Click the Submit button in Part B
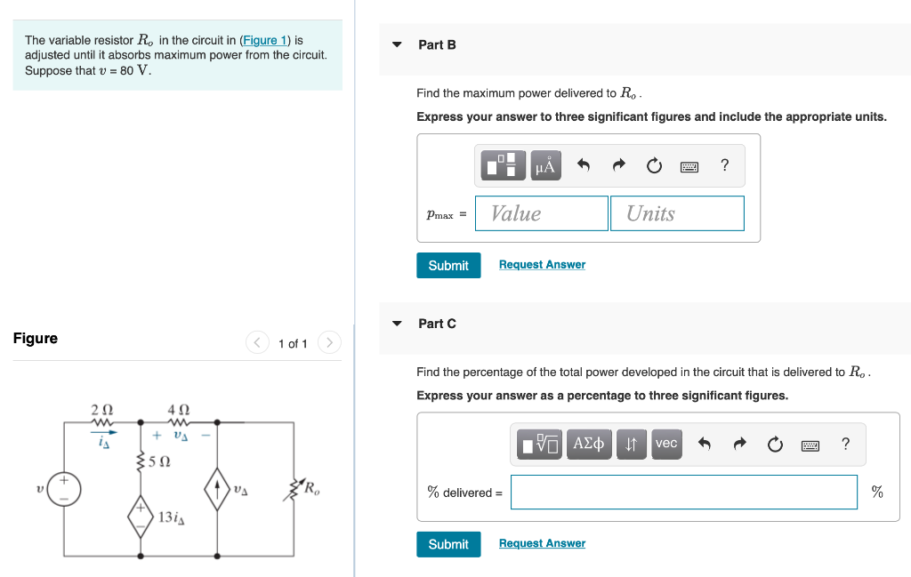click(x=448, y=265)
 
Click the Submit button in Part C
click(x=448, y=544)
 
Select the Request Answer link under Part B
click(x=542, y=265)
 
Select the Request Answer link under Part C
click(x=542, y=543)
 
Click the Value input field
click(x=541, y=213)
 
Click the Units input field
click(x=676, y=213)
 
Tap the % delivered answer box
click(x=683, y=493)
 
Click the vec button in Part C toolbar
click(x=666, y=444)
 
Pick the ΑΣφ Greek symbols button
click(x=588, y=444)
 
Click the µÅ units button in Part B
click(x=545, y=165)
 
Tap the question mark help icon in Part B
click(x=724, y=165)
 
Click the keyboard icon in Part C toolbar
click(x=809, y=445)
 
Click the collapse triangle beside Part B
click(x=397, y=44)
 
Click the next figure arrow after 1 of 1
click(x=329, y=342)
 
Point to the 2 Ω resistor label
click(x=102, y=409)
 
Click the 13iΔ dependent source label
click(x=171, y=517)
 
